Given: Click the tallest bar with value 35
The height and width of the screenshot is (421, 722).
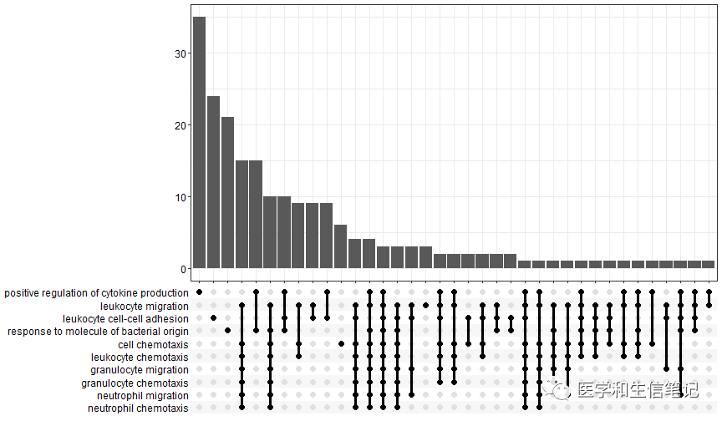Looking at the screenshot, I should [199, 142].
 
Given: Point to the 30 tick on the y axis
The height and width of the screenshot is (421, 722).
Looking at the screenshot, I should [182, 53].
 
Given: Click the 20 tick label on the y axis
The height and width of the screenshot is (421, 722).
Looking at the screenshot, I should [182, 125].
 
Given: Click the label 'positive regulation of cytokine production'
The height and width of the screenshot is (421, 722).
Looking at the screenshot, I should [96, 293].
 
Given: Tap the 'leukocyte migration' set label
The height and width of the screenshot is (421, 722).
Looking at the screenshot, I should [144, 306].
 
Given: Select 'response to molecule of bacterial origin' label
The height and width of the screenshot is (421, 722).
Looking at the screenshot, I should [98, 332].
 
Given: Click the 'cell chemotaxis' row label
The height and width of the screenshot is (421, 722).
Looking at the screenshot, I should [153, 344].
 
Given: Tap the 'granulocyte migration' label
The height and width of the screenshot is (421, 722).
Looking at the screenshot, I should [140, 369].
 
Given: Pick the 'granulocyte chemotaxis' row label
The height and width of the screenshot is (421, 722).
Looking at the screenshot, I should [135, 383].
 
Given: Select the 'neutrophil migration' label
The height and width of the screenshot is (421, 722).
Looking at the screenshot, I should [142, 395].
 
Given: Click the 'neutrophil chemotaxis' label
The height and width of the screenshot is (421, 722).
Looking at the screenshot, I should [138, 408].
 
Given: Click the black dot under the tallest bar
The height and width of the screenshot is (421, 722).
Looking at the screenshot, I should [199, 292].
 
